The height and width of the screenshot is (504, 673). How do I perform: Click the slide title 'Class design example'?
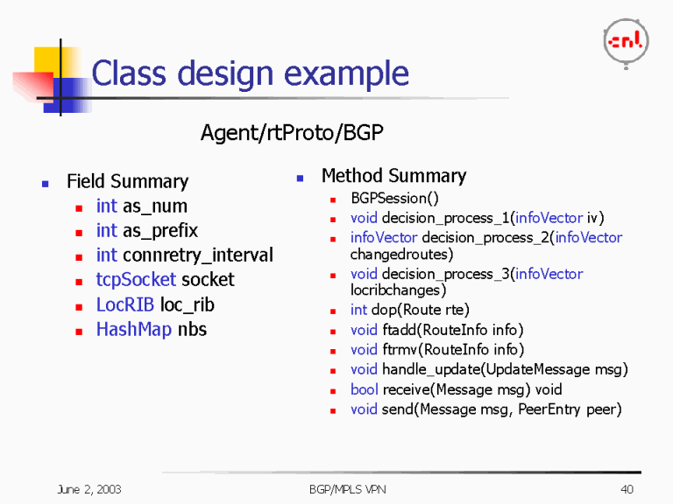click(250, 73)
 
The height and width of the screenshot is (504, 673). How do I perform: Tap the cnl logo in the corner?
click(626, 41)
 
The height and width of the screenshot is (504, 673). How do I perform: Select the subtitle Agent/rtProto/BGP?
click(292, 133)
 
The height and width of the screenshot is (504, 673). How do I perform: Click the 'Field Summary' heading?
click(127, 182)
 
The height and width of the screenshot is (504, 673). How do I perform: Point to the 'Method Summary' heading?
click(393, 176)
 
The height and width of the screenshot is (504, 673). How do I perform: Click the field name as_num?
click(154, 206)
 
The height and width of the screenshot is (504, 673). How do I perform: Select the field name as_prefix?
click(159, 231)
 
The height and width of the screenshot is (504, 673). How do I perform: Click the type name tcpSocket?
click(136, 280)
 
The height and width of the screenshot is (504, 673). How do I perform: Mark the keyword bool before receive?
click(365, 389)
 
